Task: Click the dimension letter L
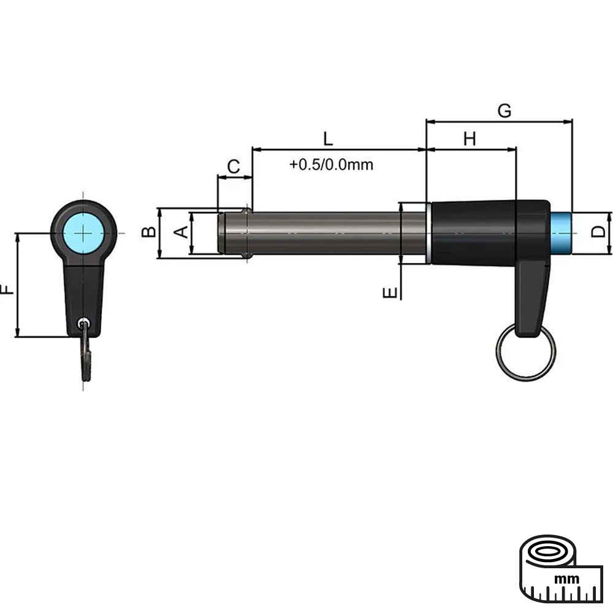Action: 328,138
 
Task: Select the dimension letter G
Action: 504,111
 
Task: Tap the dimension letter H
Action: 470,139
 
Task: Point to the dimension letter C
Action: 234,166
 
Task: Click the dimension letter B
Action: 148,232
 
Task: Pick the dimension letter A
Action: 181,232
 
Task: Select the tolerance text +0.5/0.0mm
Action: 332,165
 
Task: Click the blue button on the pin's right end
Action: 562,233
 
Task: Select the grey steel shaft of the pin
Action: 325,233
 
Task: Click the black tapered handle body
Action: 472,233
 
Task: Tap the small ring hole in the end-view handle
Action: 83,323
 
